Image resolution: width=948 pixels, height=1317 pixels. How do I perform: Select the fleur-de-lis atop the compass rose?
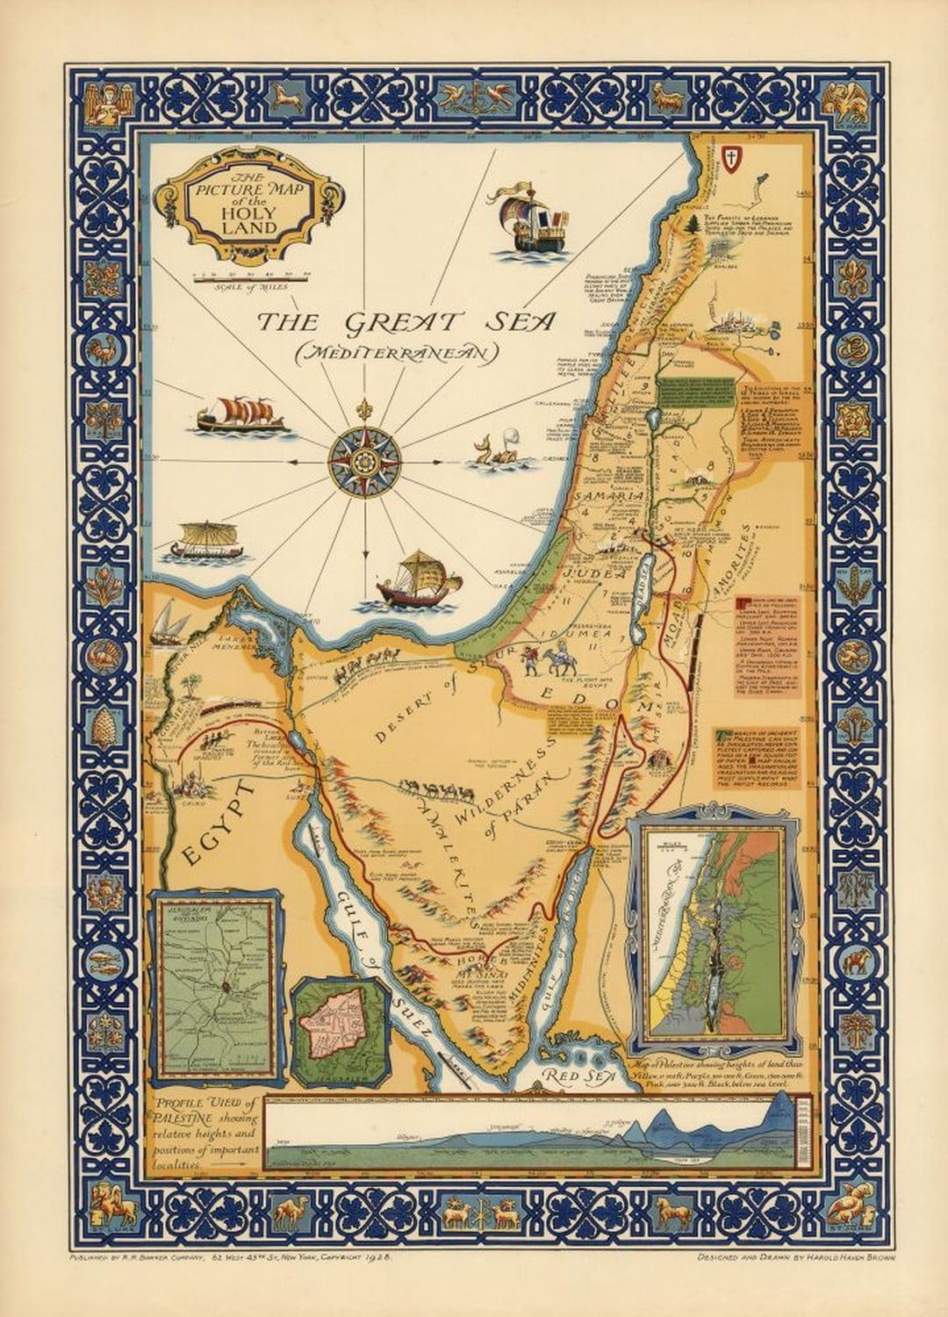(364, 410)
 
